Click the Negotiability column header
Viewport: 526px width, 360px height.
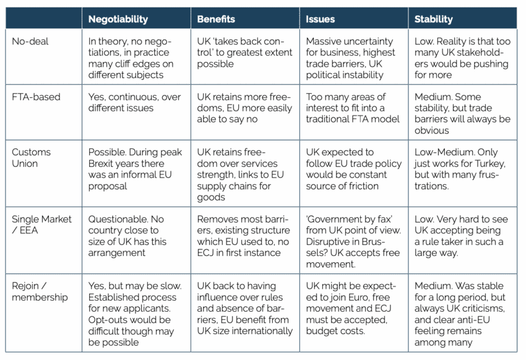click(118, 19)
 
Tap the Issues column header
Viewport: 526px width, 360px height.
click(320, 19)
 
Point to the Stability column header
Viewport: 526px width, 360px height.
click(434, 19)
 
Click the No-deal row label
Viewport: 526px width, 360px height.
click(30, 41)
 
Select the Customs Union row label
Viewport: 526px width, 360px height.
click(33, 158)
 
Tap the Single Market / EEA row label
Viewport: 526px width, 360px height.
click(42, 225)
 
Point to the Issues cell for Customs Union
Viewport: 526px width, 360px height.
click(353, 169)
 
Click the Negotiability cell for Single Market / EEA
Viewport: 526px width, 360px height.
click(135, 236)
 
